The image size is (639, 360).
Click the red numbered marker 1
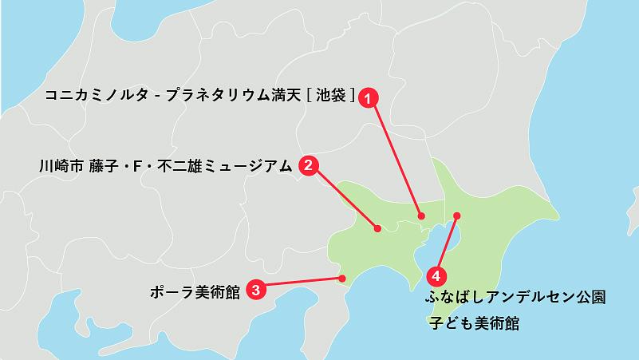pos(367,98)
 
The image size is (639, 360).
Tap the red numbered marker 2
pos(309,166)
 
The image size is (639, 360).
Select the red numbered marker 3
pos(254,289)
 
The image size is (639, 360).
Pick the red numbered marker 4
pos(436,276)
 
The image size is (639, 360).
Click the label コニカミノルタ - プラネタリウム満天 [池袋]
pos(199,95)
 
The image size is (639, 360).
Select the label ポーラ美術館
pos(195,291)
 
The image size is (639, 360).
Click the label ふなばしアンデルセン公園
pos(515,298)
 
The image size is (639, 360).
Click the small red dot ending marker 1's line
pos(422,216)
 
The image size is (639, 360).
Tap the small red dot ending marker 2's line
pos(377,230)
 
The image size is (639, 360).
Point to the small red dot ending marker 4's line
pos(457,216)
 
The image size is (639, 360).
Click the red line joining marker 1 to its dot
pos(395,157)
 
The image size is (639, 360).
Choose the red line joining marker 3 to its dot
pos(299,283)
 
